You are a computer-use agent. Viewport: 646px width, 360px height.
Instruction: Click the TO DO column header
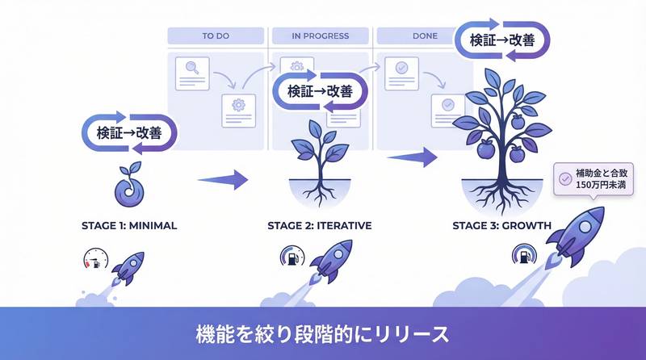[x=215, y=36]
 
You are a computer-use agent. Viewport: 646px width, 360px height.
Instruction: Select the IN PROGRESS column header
[x=321, y=36]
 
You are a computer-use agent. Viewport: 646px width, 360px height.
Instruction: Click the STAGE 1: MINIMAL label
[x=129, y=225]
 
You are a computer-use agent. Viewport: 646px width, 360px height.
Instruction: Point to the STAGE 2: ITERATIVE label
[x=320, y=225]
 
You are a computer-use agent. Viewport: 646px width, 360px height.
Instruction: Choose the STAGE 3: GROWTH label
[x=504, y=225]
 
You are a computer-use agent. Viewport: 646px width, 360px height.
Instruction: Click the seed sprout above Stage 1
[x=128, y=186]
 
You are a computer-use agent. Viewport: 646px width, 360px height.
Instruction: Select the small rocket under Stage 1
[x=127, y=266]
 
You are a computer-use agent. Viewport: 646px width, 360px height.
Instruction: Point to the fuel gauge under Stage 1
[x=93, y=259]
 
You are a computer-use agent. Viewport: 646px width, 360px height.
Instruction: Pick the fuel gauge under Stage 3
[x=520, y=257]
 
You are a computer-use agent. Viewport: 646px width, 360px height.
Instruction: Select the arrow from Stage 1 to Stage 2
[x=222, y=179]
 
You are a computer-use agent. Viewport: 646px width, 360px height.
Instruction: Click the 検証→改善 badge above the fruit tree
[x=503, y=40]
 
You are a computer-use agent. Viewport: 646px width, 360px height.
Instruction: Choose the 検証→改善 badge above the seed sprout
[x=130, y=132]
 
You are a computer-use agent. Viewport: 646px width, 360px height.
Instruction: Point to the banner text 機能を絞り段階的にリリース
[x=323, y=333]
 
